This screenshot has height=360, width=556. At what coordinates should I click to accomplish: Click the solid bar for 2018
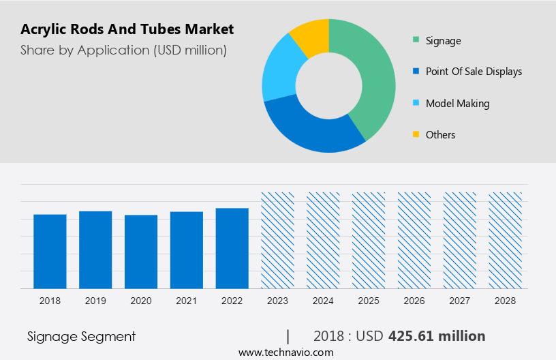[50, 251]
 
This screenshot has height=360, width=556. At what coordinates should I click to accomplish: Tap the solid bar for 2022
[232, 247]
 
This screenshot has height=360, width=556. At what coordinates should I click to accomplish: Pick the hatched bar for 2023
[277, 240]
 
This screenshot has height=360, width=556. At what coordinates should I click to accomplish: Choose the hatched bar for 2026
[414, 240]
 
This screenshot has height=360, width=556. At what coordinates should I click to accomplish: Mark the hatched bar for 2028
[505, 240]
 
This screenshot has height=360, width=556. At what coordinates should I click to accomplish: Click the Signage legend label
[443, 41]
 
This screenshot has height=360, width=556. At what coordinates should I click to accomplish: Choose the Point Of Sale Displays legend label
[474, 72]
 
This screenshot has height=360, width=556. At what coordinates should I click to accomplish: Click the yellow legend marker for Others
[416, 135]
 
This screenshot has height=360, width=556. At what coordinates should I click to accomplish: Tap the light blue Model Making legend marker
[416, 104]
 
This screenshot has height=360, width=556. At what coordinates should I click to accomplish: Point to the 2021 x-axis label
[187, 301]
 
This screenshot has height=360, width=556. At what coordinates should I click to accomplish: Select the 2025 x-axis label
[369, 301]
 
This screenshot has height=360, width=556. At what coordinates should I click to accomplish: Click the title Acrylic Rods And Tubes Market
[127, 29]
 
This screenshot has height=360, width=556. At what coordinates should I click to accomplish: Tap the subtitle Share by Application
[123, 50]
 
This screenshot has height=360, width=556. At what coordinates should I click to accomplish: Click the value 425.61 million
[437, 336]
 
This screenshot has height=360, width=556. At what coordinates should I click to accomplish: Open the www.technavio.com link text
[285, 352]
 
